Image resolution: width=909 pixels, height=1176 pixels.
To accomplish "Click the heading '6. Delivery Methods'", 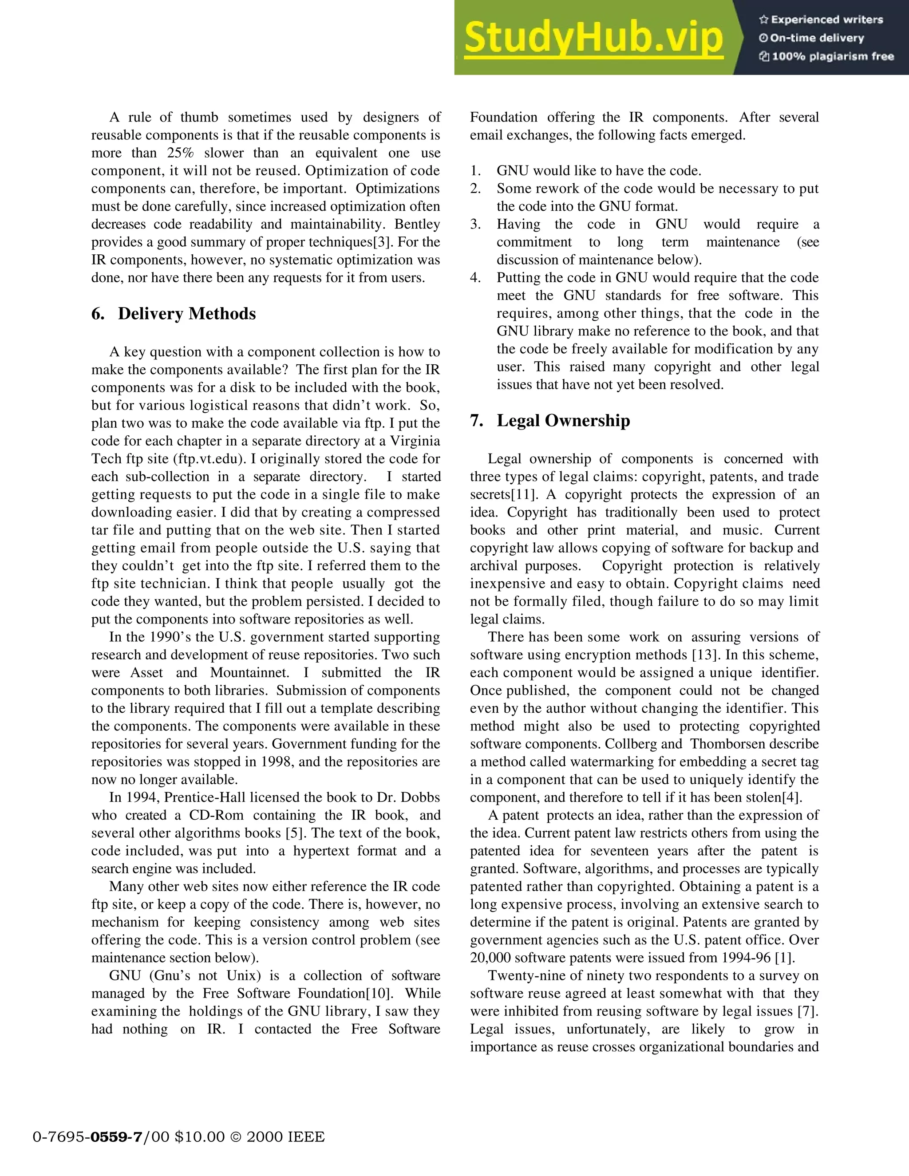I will [x=174, y=314].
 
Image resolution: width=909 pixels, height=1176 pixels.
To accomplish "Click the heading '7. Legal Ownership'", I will [x=550, y=421].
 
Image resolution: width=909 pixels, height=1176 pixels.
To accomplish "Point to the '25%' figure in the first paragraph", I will [x=180, y=153].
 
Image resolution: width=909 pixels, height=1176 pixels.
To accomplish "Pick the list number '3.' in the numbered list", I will [x=475, y=224].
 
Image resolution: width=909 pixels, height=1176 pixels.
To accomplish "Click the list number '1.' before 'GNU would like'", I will [x=475, y=171].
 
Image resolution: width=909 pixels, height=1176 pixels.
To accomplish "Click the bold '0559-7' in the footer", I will [x=117, y=1137].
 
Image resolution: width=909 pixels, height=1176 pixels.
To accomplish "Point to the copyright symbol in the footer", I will [x=235, y=1137].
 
